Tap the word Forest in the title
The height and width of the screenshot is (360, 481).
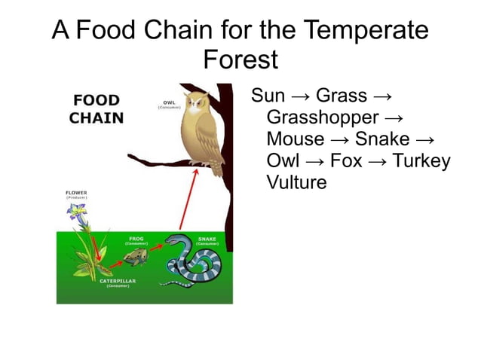pyautogui.click(x=240, y=59)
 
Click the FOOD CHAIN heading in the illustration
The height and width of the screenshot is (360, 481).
pyautogui.click(x=97, y=109)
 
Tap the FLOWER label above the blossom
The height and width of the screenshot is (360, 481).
pyautogui.click(x=75, y=194)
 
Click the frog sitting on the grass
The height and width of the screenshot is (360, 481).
pyautogui.click(x=136, y=258)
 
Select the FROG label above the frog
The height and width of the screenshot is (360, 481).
pyautogui.click(x=136, y=239)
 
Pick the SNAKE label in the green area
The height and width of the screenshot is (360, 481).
pyautogui.click(x=207, y=239)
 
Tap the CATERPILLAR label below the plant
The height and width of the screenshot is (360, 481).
pyautogui.click(x=118, y=281)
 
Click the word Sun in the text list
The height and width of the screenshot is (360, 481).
pyautogui.click(x=268, y=96)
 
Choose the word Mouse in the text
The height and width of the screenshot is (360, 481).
pyautogui.click(x=295, y=140)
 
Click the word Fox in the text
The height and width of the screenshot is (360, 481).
pyautogui.click(x=347, y=161)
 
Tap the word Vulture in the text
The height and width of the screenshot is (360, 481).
pyautogui.click(x=296, y=183)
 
